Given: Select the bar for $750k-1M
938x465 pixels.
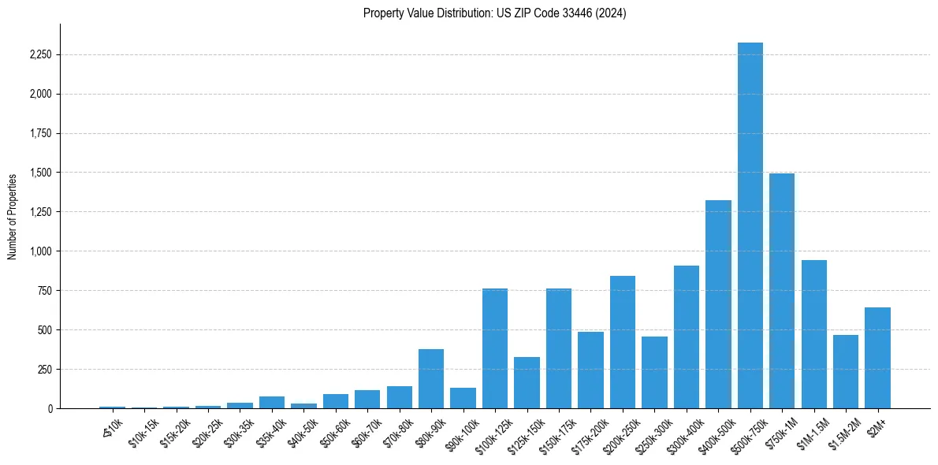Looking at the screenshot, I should tap(782, 291).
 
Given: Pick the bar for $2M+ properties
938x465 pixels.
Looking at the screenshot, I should tap(877, 358).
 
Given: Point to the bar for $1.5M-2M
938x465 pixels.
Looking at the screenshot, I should tap(846, 371).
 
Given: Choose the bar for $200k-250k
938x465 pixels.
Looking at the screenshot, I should tap(623, 342).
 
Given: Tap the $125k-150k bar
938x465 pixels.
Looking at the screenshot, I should tap(527, 382).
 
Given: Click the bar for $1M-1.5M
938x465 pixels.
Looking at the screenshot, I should tap(814, 334).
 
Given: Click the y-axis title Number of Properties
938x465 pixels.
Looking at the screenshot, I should tap(12, 216).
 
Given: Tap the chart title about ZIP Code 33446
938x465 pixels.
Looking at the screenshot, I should tap(495, 13).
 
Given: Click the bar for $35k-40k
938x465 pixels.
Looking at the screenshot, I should tap(272, 402).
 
